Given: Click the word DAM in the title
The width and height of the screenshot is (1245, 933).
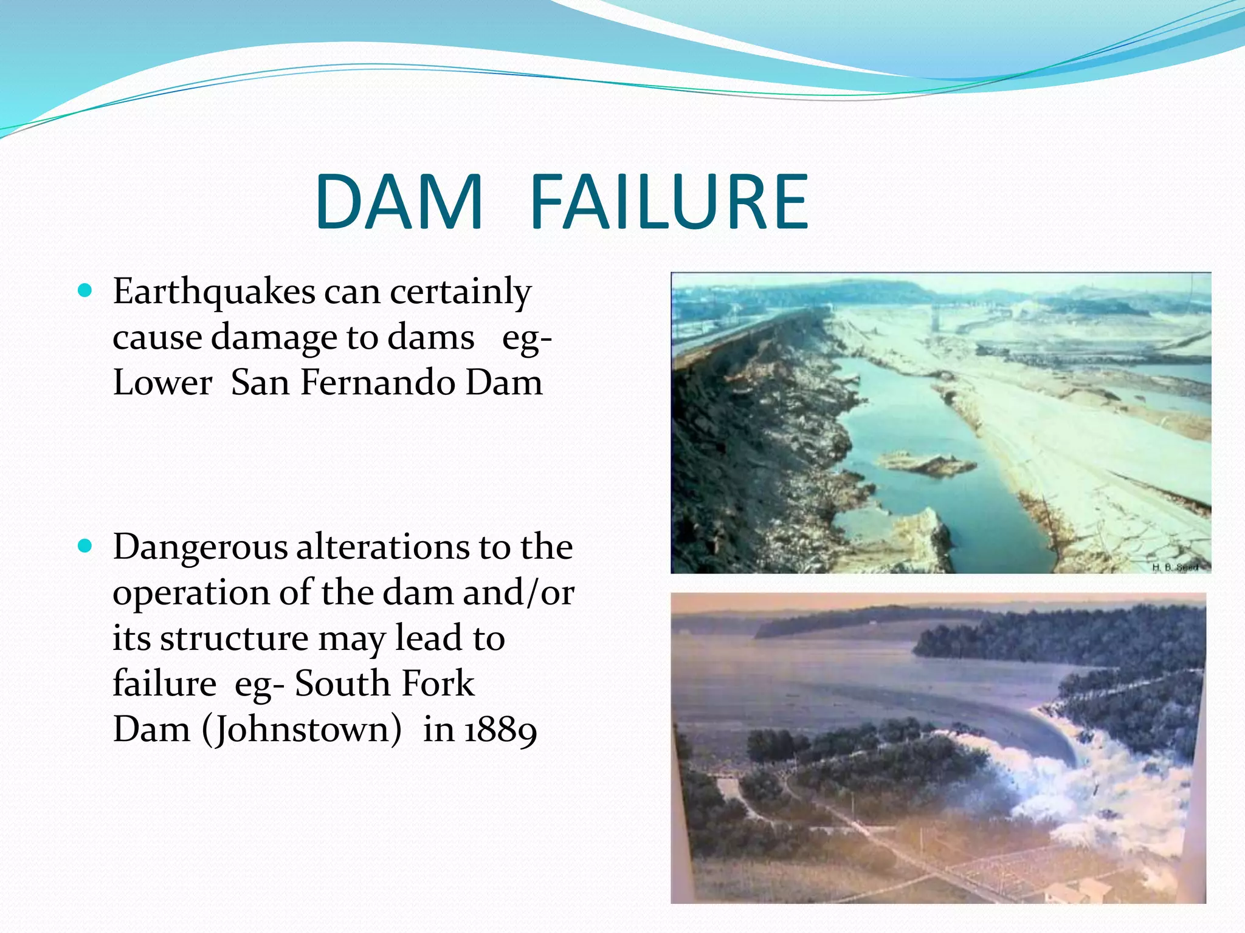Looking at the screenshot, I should click(399, 202).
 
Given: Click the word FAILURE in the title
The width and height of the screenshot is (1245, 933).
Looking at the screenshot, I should click(669, 202).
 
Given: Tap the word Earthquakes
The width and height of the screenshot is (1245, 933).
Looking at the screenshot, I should click(214, 292).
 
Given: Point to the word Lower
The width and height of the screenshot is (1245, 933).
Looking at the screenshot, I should click(162, 383).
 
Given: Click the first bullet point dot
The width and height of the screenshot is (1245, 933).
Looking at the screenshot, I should click(86, 291).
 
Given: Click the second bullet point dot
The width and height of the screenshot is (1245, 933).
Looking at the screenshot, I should click(86, 546).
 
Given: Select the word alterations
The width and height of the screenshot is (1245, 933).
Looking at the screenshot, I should click(382, 547).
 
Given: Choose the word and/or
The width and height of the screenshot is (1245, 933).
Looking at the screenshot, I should click(518, 593).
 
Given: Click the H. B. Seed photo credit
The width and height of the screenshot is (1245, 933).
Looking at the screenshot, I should click(1175, 567).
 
